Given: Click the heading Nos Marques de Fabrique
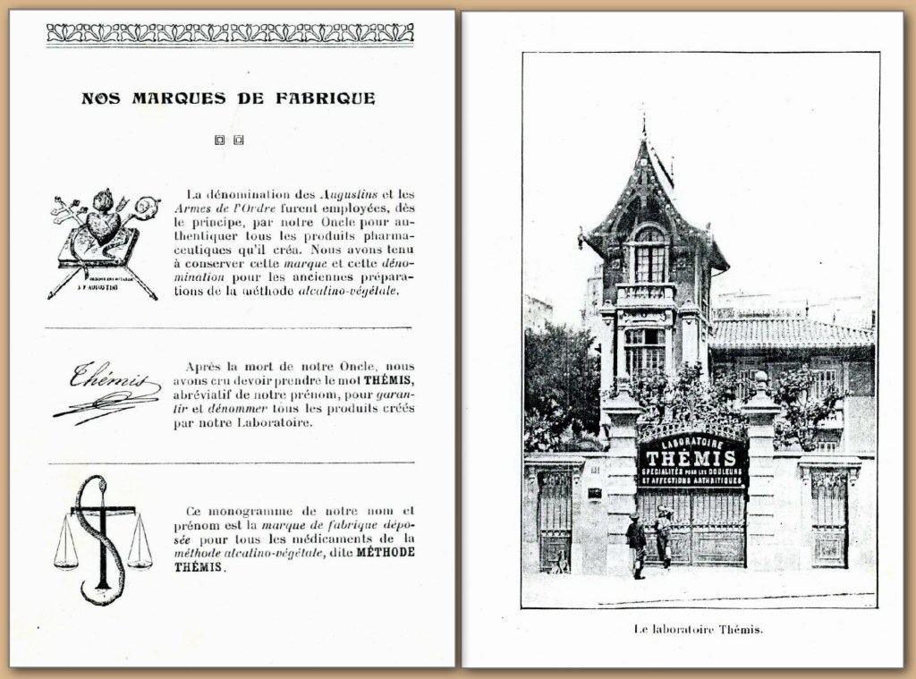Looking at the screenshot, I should click(228, 98).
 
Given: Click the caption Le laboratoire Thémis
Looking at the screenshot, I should click(699, 629).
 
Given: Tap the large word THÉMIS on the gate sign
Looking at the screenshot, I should click(693, 458).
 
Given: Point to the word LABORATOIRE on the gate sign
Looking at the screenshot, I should click(693, 439).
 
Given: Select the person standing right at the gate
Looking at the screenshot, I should click(663, 536).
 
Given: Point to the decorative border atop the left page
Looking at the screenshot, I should click(230, 33).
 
